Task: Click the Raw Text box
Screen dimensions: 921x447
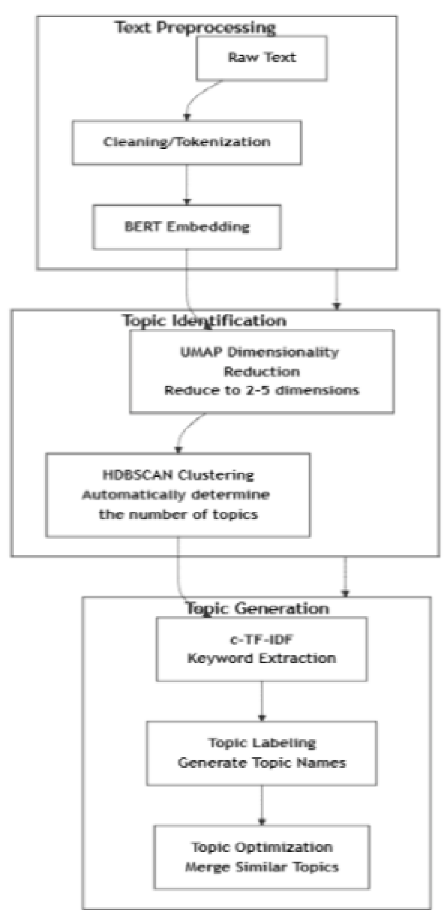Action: click(x=261, y=58)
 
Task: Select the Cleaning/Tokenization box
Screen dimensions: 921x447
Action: click(x=186, y=142)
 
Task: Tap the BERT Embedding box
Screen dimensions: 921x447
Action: click(x=186, y=227)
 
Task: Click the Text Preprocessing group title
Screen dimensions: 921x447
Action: click(x=195, y=28)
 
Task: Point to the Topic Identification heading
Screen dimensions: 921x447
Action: click(x=204, y=320)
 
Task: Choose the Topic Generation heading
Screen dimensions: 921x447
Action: click(x=257, y=608)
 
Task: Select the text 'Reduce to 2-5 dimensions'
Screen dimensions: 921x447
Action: click(x=261, y=390)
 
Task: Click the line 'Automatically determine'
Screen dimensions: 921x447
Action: click(x=176, y=495)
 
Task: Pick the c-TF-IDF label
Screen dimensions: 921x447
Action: click(x=261, y=639)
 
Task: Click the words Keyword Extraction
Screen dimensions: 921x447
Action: click(x=261, y=658)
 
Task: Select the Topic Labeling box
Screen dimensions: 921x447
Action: click(x=261, y=752)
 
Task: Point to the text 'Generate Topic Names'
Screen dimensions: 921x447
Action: click(x=261, y=763)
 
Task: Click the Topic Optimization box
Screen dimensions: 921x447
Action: click(x=261, y=857)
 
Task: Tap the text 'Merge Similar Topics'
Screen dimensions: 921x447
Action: click(x=261, y=867)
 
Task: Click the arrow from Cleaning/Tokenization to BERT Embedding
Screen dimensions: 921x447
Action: click(x=187, y=185)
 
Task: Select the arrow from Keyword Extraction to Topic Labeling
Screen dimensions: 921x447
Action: click(x=261, y=701)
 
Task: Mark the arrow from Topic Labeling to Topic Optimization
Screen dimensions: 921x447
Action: click(x=261, y=805)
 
